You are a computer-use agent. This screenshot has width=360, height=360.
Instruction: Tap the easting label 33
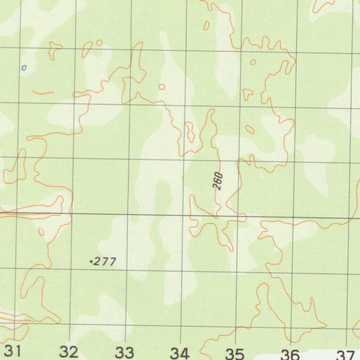(124, 352)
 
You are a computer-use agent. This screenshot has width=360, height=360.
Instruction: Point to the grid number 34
(180, 353)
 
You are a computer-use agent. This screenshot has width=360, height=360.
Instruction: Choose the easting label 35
(235, 354)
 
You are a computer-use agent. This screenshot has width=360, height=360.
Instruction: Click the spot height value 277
(105, 262)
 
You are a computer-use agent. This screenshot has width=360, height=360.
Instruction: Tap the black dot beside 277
(91, 262)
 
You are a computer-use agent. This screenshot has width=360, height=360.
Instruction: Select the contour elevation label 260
(219, 181)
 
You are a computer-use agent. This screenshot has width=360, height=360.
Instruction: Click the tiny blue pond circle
(24, 68)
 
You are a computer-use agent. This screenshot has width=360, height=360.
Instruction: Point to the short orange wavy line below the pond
(43, 93)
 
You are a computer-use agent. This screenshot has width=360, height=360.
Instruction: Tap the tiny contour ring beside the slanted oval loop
(99, 43)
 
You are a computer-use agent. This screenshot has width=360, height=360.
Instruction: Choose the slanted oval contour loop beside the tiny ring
(87, 49)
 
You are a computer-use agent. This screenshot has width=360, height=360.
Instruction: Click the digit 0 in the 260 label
(220, 175)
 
